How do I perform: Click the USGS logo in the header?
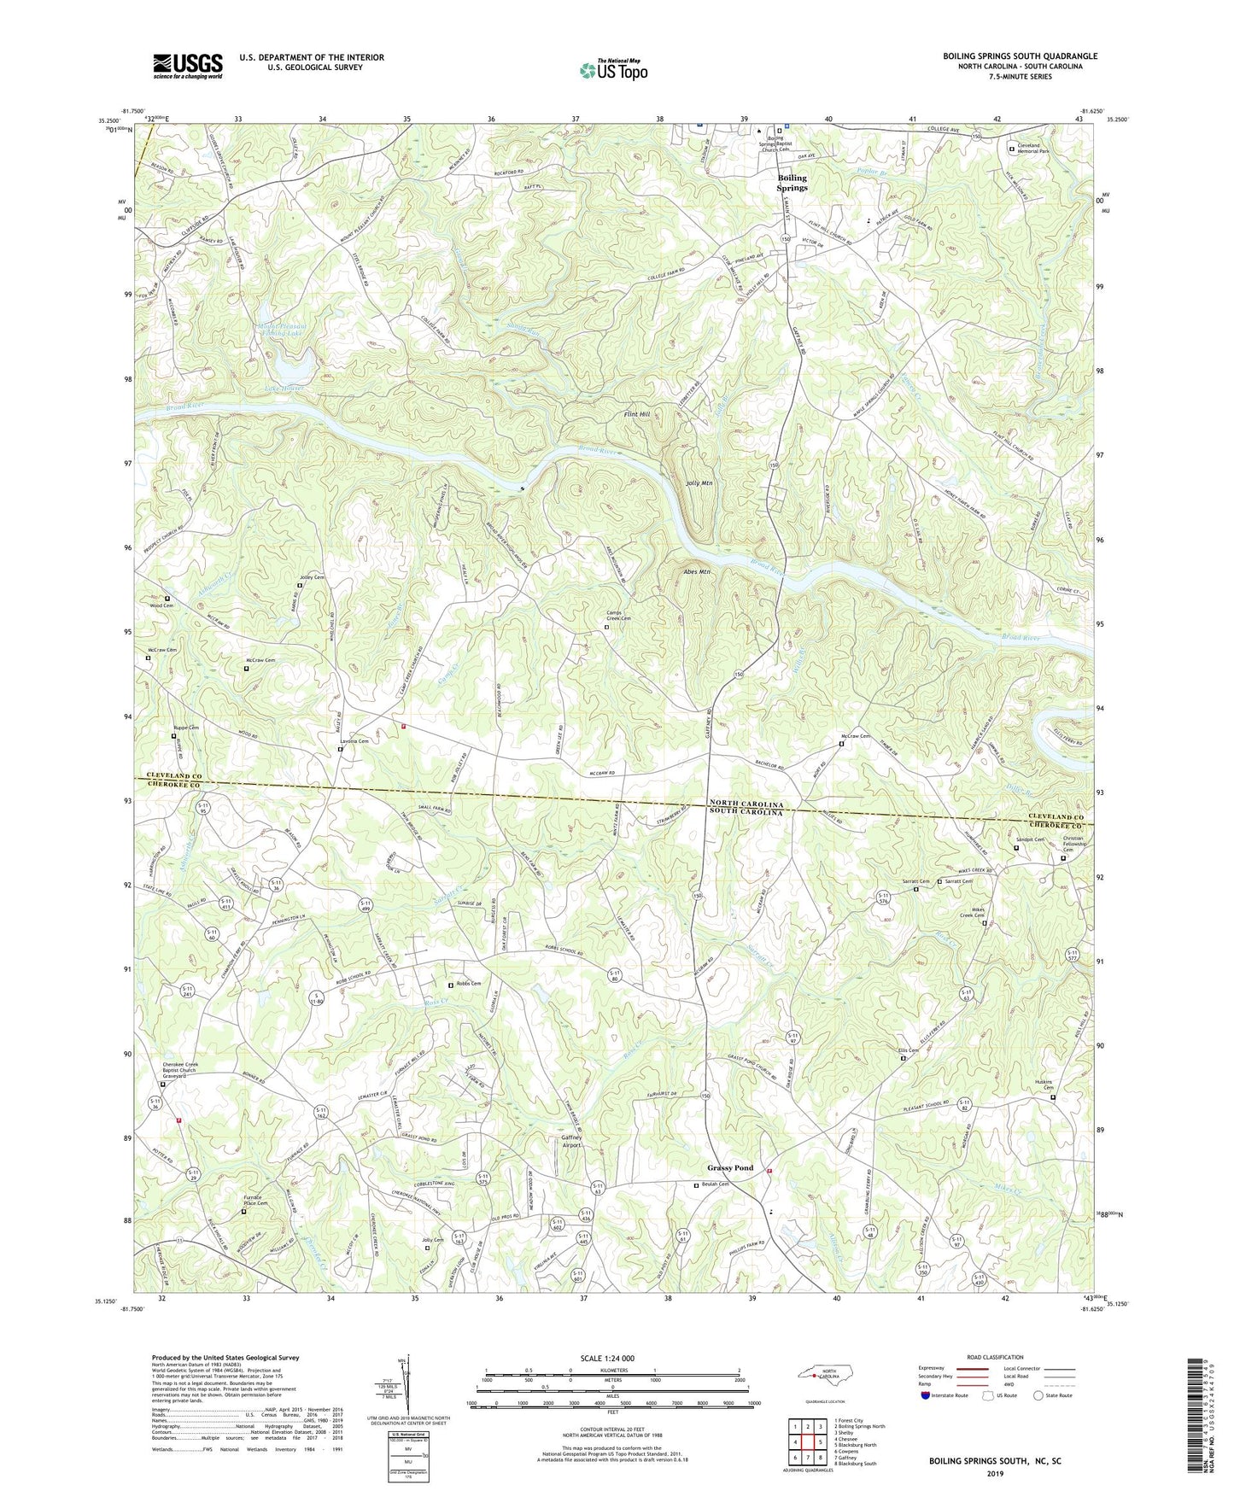188,65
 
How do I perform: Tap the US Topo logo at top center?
612,70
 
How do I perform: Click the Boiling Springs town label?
792,183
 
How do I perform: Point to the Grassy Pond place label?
730,1168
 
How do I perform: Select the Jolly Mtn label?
699,483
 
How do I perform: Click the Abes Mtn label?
696,572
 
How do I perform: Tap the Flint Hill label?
636,414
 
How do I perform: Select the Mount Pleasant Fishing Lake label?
281,330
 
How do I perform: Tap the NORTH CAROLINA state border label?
746,804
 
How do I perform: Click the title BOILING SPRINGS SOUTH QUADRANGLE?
1020,56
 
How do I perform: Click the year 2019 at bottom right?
995,1473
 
